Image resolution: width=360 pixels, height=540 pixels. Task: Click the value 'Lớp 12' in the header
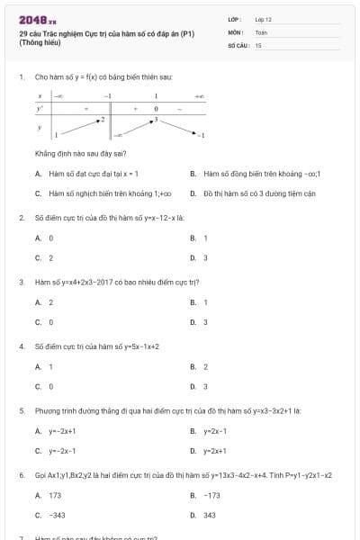tap(264, 18)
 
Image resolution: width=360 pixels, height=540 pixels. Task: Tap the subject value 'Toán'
tap(261, 31)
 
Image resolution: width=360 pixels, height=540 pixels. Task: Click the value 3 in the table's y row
tap(156, 119)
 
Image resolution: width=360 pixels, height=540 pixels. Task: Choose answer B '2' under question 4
tap(205, 366)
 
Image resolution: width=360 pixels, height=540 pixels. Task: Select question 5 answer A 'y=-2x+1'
tap(63, 430)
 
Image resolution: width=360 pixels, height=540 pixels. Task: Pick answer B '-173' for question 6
tap(211, 495)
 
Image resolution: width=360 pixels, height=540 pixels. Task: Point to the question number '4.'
tap(22, 346)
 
